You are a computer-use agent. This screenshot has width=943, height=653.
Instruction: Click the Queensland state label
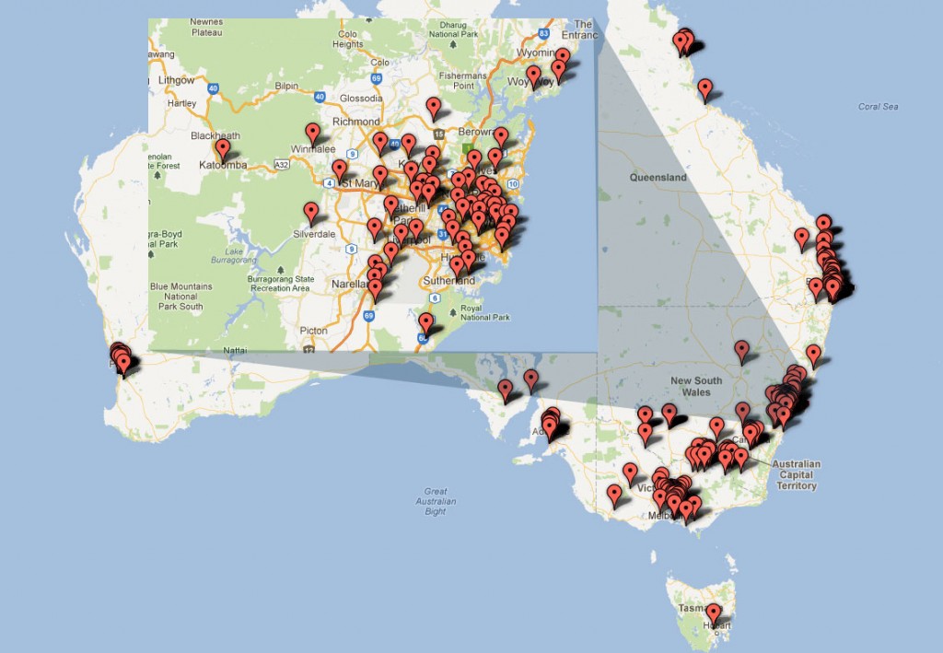tap(658, 177)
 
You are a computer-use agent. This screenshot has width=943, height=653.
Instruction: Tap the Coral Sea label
tap(877, 107)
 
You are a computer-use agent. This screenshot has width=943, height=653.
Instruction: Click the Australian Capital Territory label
tap(796, 474)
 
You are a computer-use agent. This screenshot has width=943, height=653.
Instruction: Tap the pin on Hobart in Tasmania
tap(713, 613)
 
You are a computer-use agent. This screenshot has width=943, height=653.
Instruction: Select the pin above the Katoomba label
tap(222, 148)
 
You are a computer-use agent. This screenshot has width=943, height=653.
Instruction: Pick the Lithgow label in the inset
tap(176, 80)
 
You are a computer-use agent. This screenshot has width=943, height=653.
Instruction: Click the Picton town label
tap(313, 331)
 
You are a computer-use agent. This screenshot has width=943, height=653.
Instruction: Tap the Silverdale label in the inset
tap(314, 234)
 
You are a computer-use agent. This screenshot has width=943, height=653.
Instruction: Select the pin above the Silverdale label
tap(311, 213)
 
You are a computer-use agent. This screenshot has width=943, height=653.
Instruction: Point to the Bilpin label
tap(286, 86)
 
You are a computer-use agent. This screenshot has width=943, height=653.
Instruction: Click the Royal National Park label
tap(483, 312)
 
